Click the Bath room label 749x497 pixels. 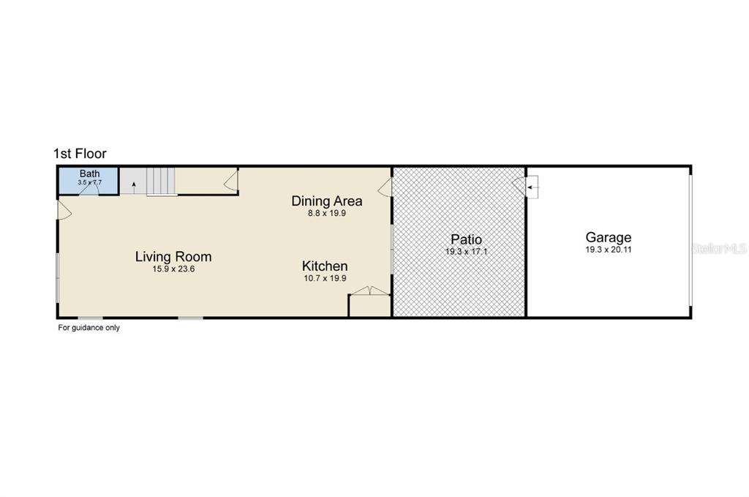(90, 174)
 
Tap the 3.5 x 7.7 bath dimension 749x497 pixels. (90, 182)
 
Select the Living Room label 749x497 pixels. (173, 257)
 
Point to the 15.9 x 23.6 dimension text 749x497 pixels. (173, 269)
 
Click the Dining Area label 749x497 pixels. (327, 201)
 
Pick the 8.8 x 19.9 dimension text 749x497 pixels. (327, 213)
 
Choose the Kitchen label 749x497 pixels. (325, 266)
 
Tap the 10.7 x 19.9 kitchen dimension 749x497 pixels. (325, 278)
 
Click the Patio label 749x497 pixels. (466, 239)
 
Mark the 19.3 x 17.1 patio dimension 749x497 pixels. (466, 251)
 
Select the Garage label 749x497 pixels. (609, 237)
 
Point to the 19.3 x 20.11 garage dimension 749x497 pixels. (609, 250)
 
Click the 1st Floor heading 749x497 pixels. (80, 154)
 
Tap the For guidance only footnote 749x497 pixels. (89, 327)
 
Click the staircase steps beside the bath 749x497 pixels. (161, 181)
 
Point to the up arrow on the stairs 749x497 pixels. (134, 187)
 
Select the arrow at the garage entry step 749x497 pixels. (532, 188)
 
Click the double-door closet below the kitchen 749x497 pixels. (370, 291)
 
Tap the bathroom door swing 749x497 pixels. (89, 190)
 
